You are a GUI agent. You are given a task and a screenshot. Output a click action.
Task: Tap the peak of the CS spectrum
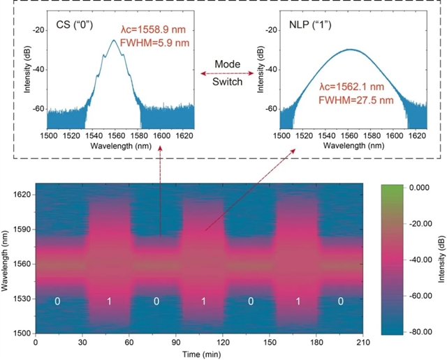point(114,40)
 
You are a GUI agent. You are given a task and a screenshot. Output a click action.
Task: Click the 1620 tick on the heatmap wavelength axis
point(21,195)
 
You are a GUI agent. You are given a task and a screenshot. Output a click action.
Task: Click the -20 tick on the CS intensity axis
point(39,30)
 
